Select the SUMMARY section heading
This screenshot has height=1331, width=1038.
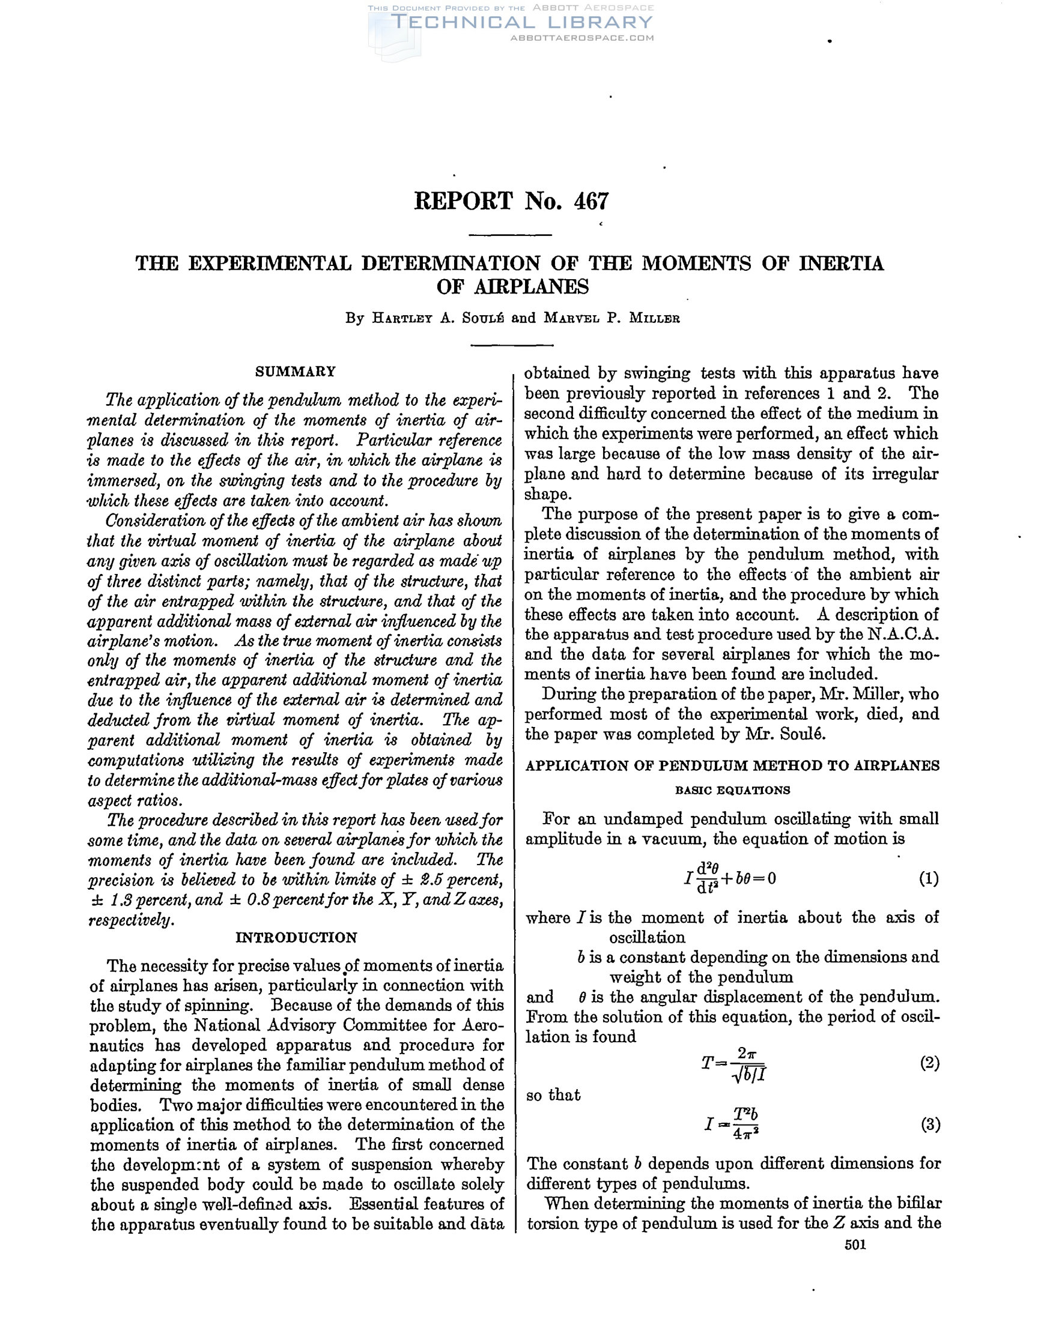(295, 372)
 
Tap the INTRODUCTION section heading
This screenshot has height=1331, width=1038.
(296, 937)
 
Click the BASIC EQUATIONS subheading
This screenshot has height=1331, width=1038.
(732, 791)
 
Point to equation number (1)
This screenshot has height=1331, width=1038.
(928, 879)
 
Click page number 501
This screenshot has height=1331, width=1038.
(855, 1245)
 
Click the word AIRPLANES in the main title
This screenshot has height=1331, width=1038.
(512, 286)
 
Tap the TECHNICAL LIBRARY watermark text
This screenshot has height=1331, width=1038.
(521, 23)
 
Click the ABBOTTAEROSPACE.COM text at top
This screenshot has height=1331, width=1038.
(581, 38)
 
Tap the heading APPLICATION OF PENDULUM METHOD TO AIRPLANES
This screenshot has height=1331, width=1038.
(732, 766)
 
